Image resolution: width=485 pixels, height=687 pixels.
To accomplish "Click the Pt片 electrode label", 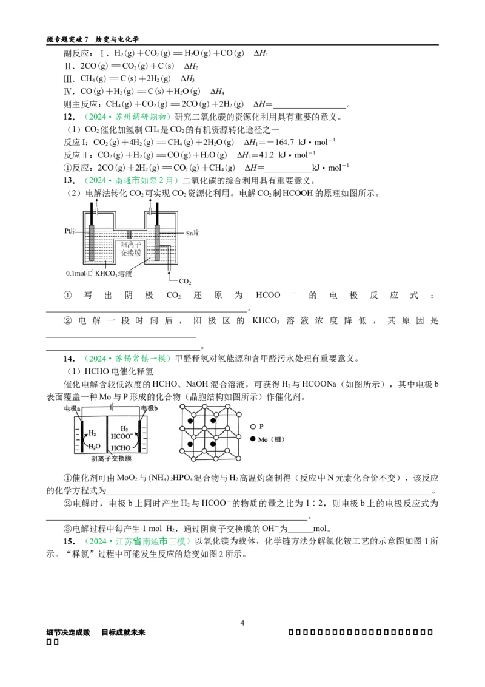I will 72,231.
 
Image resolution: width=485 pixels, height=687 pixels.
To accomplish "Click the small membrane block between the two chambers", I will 129,234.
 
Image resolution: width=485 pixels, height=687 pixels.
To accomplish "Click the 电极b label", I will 149,409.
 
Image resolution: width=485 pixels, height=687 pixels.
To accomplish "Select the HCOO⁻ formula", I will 124,435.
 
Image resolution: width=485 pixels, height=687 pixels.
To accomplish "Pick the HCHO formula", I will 123,447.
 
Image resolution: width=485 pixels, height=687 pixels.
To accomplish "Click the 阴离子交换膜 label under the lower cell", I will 111,459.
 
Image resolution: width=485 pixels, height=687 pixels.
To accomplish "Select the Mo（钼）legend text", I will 271,439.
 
